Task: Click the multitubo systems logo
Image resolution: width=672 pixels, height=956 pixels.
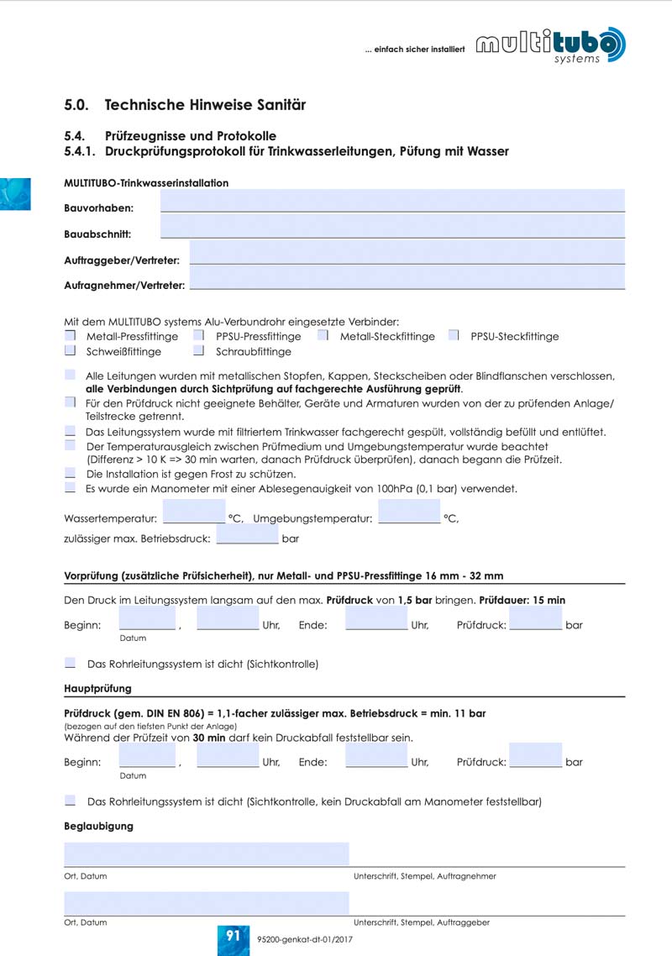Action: [551, 45]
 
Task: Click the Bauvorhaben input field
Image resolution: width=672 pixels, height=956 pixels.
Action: [392, 200]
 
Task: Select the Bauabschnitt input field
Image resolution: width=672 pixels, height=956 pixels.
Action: [392, 226]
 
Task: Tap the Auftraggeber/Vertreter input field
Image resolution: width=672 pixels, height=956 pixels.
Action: [407, 252]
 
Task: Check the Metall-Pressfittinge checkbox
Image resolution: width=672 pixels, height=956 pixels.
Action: [71, 336]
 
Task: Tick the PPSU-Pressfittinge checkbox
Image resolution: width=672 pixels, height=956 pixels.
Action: [199, 336]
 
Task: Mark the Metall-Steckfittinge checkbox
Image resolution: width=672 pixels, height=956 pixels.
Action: [323, 336]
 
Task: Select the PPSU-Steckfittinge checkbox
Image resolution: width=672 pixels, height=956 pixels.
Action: [454, 336]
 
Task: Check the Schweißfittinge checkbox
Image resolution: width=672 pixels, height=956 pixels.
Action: [71, 351]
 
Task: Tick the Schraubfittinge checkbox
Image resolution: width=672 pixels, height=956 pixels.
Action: [199, 351]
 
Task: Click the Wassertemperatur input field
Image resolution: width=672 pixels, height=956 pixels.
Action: [194, 512]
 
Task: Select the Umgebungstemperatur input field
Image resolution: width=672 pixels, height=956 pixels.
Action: [409, 512]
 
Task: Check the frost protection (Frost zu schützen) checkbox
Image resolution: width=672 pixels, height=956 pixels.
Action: [70, 474]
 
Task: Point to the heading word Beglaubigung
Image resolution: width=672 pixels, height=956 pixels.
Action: [98, 826]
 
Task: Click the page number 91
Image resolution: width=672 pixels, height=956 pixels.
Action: [233, 936]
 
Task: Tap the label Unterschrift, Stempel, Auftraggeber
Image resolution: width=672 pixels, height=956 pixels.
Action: [422, 922]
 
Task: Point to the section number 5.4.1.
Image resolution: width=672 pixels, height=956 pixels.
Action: [80, 152]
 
